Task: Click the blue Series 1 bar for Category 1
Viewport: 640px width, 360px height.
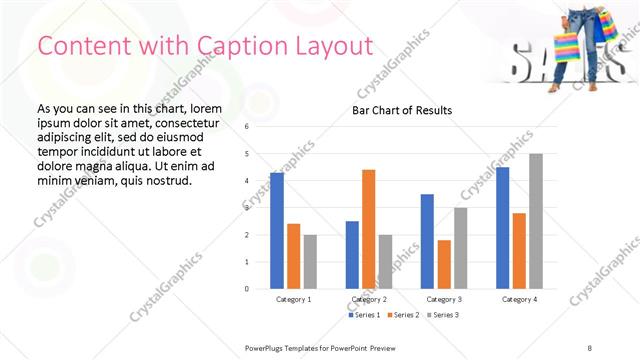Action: point(277,231)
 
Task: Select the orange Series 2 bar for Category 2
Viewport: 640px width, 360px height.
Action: point(369,229)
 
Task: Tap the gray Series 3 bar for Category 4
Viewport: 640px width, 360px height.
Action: point(536,221)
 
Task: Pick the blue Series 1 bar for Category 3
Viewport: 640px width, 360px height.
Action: point(428,241)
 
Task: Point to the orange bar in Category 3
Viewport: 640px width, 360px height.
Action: point(444,264)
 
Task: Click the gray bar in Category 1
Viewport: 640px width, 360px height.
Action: point(310,261)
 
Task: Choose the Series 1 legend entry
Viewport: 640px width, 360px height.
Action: point(364,315)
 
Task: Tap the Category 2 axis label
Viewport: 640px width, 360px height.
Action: point(369,299)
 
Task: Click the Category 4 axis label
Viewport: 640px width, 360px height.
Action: point(519,299)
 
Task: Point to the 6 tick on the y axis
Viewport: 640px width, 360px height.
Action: point(246,127)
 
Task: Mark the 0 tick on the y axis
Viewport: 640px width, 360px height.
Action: point(246,289)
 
